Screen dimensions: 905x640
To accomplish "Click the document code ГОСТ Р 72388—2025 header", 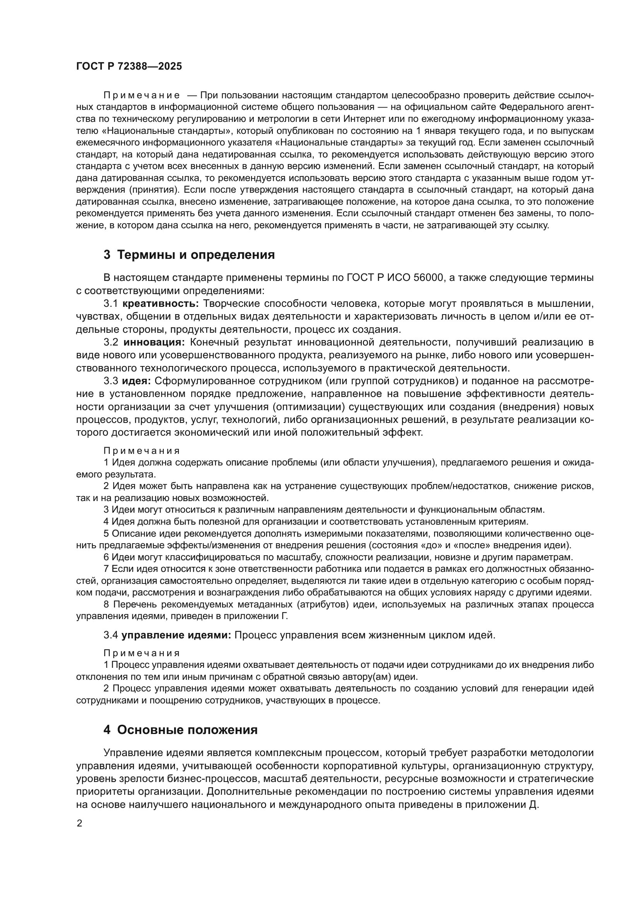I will pos(129,66).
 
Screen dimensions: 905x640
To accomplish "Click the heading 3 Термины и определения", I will pos(189,255).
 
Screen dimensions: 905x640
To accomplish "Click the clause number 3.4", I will pos(111,635).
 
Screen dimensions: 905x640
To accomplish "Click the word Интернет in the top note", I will pos(362,119).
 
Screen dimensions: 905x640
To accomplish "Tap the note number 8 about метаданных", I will pos(106,604).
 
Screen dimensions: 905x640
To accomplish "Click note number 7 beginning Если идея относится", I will pos(106,569).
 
